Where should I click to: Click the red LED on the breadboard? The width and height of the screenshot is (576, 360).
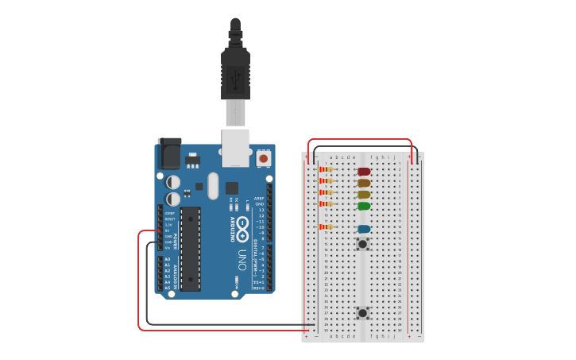(x=364, y=172)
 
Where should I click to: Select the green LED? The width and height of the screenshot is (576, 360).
(x=364, y=206)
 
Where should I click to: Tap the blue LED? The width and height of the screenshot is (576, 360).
(x=364, y=230)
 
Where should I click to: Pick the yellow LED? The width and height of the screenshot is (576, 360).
(x=364, y=195)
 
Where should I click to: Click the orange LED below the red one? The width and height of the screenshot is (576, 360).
(x=364, y=183)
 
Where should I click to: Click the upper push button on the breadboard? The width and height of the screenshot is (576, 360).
(x=363, y=244)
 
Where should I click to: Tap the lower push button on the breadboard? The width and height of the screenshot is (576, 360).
(x=363, y=313)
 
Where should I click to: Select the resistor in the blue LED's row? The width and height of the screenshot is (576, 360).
(x=325, y=227)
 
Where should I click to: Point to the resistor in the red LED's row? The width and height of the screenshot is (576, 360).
(x=325, y=169)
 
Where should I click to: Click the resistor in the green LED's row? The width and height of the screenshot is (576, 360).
(x=325, y=204)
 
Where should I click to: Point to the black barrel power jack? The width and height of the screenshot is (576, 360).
(x=169, y=153)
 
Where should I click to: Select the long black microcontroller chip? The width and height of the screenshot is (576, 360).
(x=190, y=249)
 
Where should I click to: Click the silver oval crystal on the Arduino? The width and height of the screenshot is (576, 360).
(x=213, y=186)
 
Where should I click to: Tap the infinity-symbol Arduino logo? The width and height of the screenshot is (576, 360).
(x=242, y=225)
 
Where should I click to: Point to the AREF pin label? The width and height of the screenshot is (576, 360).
(x=260, y=199)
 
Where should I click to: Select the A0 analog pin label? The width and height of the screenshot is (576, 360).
(x=167, y=259)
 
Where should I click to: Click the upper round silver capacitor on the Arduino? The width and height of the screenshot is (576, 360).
(x=173, y=182)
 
